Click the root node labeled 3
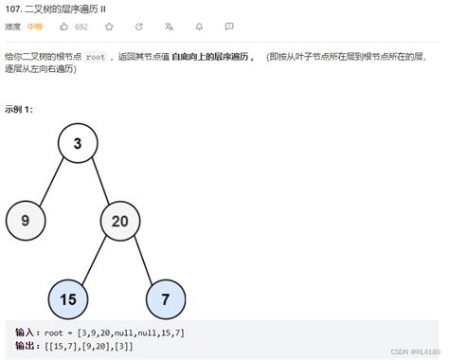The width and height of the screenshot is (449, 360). [x=77, y=143]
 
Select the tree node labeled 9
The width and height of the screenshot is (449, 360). [x=25, y=221]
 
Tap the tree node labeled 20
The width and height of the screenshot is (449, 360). [x=120, y=221]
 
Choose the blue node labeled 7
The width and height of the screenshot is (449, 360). [x=166, y=299]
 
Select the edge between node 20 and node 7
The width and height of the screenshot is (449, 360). [x=143, y=260]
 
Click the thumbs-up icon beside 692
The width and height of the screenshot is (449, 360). [x=66, y=27]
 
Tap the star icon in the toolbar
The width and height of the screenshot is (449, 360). [x=109, y=27]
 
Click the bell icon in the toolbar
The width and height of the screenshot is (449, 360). [x=202, y=27]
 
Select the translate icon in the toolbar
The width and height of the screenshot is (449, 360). [x=171, y=27]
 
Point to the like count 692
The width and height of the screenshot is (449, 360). [x=81, y=27]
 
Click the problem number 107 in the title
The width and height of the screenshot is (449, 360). [x=13, y=9]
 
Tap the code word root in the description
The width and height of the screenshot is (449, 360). [x=96, y=57]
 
